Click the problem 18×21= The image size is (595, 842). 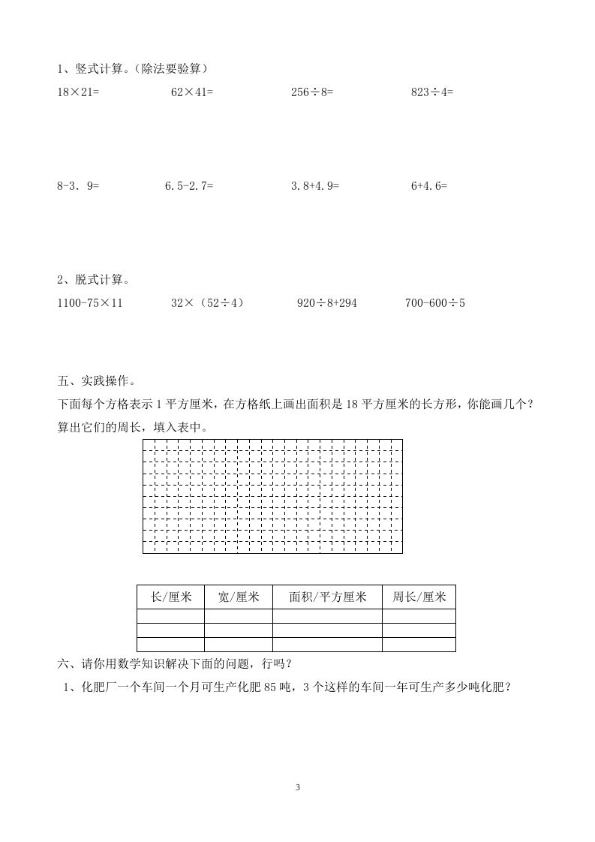[79, 92]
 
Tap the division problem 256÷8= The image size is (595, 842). [312, 92]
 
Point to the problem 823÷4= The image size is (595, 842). [432, 92]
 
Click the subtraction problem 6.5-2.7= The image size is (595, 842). [189, 185]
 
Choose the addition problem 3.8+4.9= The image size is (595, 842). [315, 185]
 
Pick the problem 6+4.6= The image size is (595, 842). [429, 185]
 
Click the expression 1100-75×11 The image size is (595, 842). [90, 304]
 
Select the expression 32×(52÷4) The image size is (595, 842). [208, 304]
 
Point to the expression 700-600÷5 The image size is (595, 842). [435, 304]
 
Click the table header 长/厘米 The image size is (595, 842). [171, 597]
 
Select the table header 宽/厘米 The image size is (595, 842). [239, 597]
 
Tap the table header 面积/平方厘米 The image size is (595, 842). [327, 597]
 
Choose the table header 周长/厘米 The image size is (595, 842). [419, 597]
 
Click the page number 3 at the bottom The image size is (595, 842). [298, 788]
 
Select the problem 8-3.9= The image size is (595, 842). [79, 185]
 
